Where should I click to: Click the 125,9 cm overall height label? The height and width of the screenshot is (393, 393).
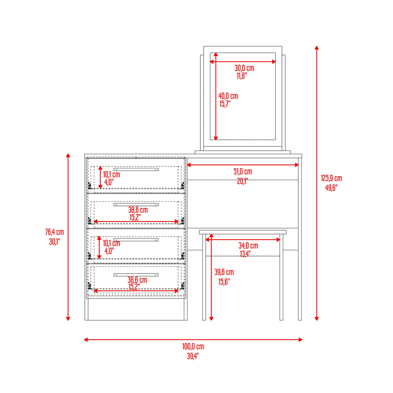(331, 178)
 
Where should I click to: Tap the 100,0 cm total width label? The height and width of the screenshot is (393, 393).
(193, 346)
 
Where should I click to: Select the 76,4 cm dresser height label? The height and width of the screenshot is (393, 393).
(54, 232)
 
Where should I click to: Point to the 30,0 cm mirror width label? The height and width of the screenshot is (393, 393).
(244, 68)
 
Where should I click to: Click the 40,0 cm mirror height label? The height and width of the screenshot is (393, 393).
(228, 96)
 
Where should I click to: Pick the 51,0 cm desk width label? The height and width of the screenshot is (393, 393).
(242, 172)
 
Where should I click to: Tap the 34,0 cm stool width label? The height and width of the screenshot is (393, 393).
(248, 246)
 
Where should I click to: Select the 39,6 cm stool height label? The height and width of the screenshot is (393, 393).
(224, 272)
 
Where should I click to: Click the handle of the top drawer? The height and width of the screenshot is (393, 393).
(136, 169)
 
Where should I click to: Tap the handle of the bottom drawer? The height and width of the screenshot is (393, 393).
(136, 275)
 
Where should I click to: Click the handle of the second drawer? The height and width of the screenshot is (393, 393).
(136, 205)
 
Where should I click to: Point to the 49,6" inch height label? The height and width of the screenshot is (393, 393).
(331, 188)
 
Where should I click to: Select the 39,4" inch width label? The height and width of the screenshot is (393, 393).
(193, 356)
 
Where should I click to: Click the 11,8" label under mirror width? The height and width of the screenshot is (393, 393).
(241, 76)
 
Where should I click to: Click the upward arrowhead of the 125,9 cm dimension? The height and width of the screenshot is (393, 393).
(317, 48)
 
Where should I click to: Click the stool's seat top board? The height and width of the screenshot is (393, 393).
(243, 232)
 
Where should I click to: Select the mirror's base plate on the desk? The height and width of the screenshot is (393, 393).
(243, 152)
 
